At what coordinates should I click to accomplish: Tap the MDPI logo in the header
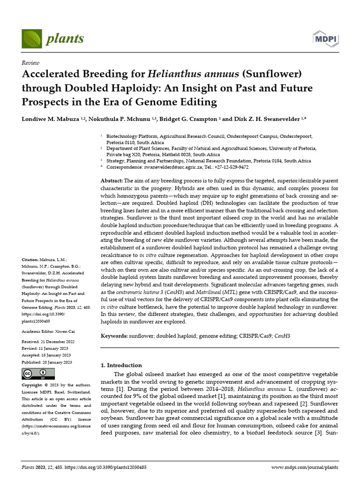[325, 38]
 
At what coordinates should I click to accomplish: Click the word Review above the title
[30, 62]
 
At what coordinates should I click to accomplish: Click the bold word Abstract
[112, 181]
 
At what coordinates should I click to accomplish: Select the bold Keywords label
[114, 336]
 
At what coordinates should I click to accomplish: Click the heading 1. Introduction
[121, 365]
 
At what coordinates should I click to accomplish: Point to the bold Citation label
[30, 259]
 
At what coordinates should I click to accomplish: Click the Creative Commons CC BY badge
[38, 374]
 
